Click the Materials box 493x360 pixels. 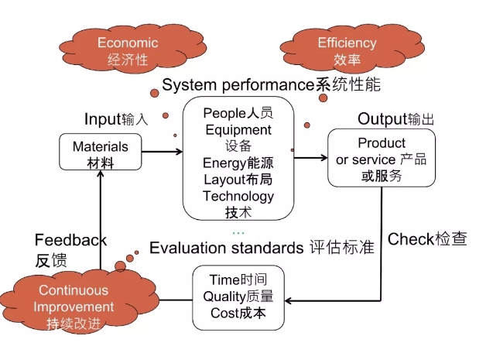point(101,153)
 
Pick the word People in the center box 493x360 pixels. point(224,113)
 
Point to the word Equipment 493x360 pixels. point(238,129)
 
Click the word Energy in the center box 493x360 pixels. point(223,163)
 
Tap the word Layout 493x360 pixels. point(224,180)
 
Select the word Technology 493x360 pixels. point(238,196)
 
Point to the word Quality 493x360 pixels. point(224,297)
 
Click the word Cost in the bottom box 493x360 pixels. point(223,313)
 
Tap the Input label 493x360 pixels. point(102,120)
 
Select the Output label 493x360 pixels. point(382,119)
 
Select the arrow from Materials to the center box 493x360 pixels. point(162,153)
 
